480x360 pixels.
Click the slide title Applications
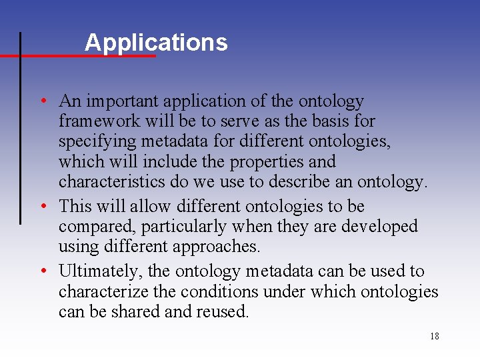156,42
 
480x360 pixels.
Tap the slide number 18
434,336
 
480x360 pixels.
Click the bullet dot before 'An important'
42,101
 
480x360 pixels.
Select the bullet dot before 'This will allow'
42,207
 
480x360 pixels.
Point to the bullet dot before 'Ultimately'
42,271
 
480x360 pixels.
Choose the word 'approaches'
216,247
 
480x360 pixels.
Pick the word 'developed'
379,227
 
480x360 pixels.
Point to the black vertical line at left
21,127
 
